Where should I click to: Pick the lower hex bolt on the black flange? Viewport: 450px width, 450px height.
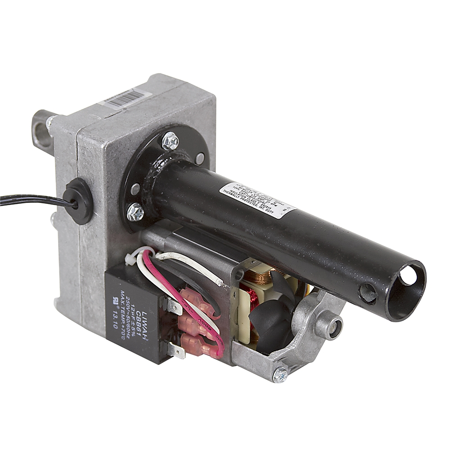[135, 211]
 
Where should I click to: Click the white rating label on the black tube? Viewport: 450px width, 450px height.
[257, 200]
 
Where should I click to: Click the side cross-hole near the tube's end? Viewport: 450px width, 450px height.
[368, 293]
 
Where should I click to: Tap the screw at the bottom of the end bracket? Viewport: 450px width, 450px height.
[279, 375]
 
